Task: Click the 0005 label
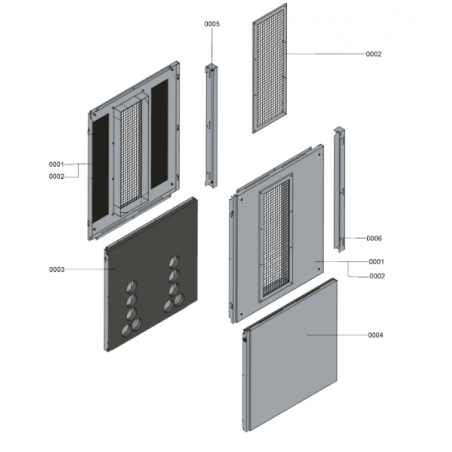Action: point(212,24)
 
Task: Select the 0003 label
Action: point(57,269)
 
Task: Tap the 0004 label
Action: point(375,335)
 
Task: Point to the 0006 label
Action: point(374,238)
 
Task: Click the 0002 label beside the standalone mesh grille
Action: point(374,54)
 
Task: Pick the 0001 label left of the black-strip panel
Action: point(56,164)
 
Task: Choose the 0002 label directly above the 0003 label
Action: point(56,177)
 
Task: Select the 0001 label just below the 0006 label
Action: point(376,262)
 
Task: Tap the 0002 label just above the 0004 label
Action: point(377,276)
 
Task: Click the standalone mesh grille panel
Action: point(269,68)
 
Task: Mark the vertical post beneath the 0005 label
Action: point(211,126)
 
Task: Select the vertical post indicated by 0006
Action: point(339,189)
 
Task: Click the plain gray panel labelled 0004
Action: point(289,355)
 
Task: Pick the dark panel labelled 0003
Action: point(151,274)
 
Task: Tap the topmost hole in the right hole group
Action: point(174,262)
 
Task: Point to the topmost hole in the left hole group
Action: point(131,287)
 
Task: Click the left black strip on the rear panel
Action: point(100,169)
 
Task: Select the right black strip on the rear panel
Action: point(159,134)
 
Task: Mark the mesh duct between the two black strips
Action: point(130,155)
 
